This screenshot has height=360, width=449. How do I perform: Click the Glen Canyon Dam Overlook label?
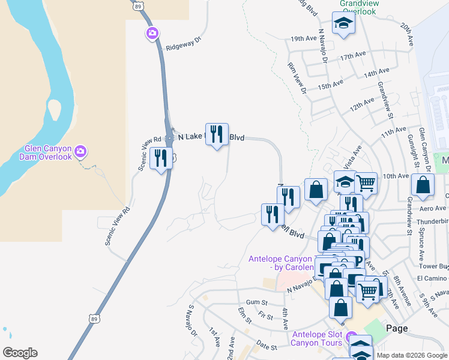point(48,152)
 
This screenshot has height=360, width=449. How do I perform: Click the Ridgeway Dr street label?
point(182,45)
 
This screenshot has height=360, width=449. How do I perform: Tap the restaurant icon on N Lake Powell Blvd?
point(217,134)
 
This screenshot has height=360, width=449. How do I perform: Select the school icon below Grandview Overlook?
point(344,23)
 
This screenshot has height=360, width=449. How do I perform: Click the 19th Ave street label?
point(303,38)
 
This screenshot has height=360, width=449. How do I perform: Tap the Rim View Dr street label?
point(297,79)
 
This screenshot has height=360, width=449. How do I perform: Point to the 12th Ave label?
point(363,104)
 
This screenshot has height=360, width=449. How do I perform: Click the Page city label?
point(397,328)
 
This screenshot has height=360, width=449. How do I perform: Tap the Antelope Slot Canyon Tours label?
point(317,338)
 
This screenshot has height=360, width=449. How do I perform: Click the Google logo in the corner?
point(20,353)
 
